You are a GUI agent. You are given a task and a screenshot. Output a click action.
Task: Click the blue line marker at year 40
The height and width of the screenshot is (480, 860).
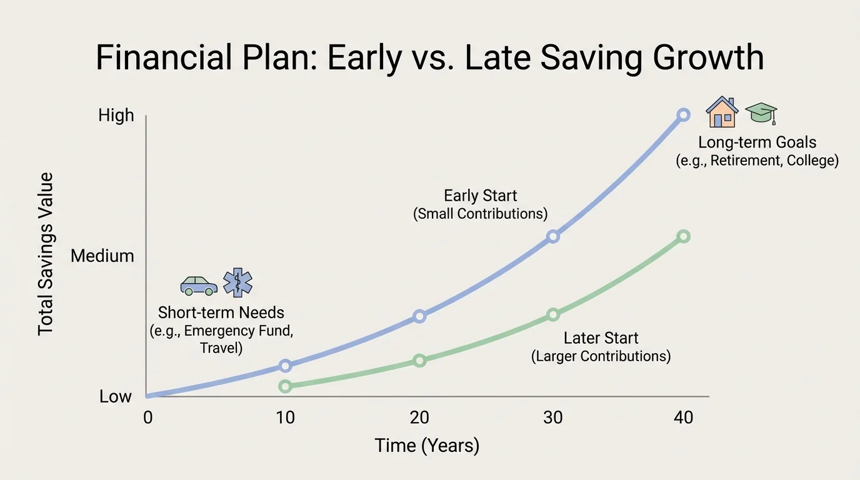click(x=683, y=115)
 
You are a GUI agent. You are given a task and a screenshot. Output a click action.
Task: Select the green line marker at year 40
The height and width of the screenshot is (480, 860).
click(x=683, y=236)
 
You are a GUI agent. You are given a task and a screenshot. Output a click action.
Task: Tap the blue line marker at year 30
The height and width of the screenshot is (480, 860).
click(x=552, y=236)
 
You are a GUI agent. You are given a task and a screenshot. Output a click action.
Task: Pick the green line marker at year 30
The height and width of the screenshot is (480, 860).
click(x=552, y=314)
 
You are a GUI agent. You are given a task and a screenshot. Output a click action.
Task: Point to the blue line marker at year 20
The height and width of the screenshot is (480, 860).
click(x=419, y=316)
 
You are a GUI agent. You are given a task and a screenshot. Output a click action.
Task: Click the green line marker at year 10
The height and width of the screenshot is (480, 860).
click(x=285, y=386)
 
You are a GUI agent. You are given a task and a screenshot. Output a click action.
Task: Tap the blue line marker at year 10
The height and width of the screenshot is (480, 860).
click(x=285, y=366)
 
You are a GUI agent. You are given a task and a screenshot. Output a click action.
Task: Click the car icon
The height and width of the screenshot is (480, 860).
click(x=199, y=285)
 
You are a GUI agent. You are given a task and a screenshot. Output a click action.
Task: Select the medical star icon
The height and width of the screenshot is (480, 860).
click(x=237, y=282)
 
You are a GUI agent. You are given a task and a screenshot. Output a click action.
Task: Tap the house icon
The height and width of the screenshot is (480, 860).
click(x=722, y=113)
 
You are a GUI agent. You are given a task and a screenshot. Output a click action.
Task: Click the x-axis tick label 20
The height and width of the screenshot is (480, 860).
click(x=419, y=417)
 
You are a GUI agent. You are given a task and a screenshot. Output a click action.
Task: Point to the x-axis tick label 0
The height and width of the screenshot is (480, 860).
click(x=147, y=417)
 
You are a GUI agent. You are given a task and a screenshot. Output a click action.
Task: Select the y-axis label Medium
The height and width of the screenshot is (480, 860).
click(x=102, y=256)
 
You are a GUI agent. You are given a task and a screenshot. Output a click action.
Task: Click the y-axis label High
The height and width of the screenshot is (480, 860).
click(x=116, y=115)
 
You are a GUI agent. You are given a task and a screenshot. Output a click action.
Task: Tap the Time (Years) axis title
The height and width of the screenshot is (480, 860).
click(x=427, y=446)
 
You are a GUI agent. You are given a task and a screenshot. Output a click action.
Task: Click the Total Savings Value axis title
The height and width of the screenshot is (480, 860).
click(x=46, y=254)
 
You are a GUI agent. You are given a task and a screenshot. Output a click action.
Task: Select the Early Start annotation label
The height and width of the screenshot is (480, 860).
click(x=480, y=196)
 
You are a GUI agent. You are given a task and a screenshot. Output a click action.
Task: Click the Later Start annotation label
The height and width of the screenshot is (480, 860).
click(x=601, y=338)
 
